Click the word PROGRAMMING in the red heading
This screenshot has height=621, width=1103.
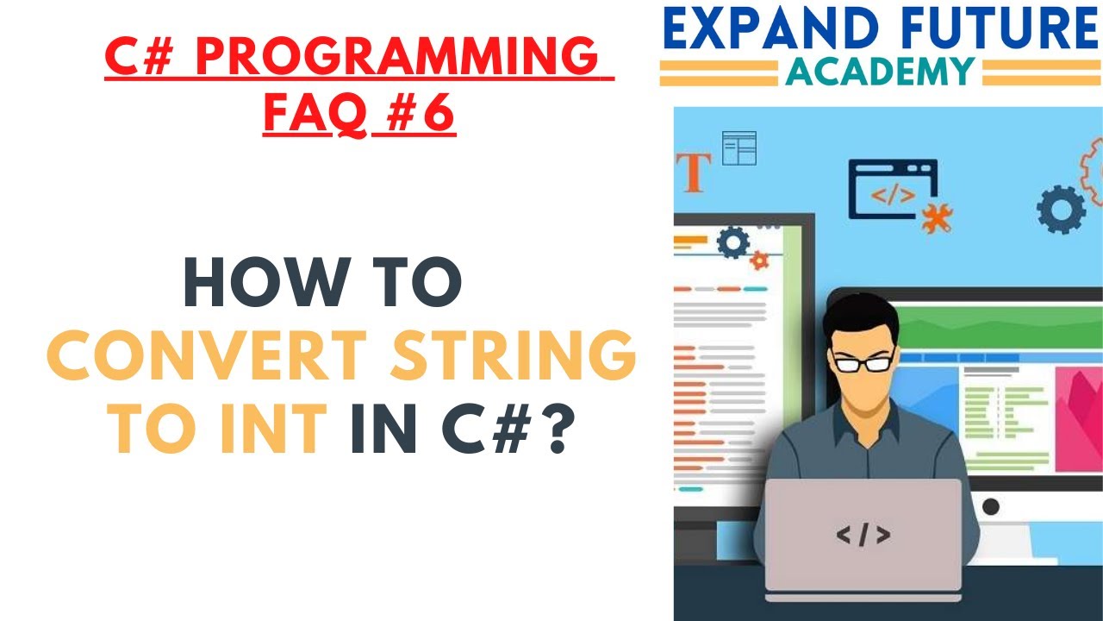(x=397, y=58)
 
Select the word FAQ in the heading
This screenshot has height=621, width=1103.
(x=315, y=114)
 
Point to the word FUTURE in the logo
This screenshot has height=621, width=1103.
(x=1000, y=31)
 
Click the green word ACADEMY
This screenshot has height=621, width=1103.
(x=880, y=72)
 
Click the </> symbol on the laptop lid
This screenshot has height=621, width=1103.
(x=863, y=536)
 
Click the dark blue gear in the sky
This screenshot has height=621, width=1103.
(x=1061, y=209)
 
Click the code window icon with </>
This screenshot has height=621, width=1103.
(x=892, y=189)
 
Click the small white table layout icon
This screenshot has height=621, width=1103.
(x=738, y=148)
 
